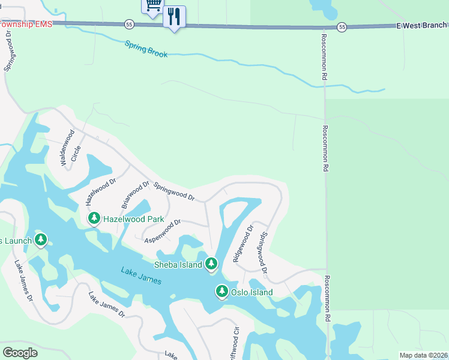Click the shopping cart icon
coord(152,5)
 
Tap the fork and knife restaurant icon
coord(174,17)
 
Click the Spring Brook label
coord(146,49)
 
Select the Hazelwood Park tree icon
coord(94,219)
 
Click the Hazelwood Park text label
coord(133,220)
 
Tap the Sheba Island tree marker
coord(211,263)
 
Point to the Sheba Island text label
coord(178,265)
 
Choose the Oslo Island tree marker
coord(221,292)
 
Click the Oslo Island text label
coord(252,293)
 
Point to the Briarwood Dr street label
coord(135,195)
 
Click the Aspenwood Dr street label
coord(163,232)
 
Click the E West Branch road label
coord(421,25)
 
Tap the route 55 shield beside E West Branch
coord(342,27)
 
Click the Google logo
coord(20,353)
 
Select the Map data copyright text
coord(423,355)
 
